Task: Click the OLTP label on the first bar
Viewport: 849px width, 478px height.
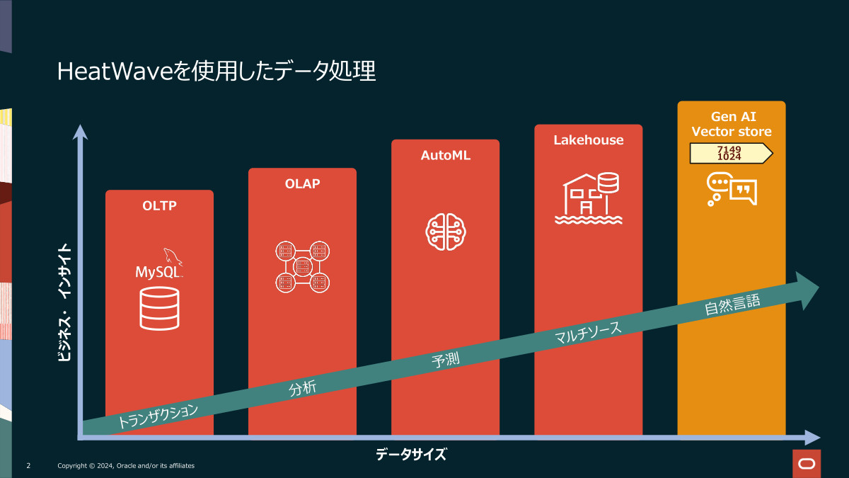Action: [159, 206]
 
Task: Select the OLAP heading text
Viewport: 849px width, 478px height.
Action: [302, 184]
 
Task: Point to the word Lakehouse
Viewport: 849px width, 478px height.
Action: [589, 140]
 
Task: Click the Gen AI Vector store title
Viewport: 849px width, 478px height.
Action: [732, 124]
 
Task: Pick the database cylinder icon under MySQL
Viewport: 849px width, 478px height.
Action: [159, 308]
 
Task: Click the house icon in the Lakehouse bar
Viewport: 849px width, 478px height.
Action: [589, 198]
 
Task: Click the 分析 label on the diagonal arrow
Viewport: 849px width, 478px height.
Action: [302, 388]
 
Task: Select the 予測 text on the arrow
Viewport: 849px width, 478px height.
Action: [446, 360]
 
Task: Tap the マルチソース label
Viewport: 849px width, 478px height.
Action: [589, 333]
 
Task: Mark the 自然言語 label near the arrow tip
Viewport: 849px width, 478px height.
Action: [732, 305]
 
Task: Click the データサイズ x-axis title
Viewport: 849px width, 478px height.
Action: [411, 455]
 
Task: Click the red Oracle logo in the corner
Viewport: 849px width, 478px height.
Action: [805, 463]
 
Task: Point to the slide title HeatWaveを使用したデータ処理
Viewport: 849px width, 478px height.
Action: [216, 72]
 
